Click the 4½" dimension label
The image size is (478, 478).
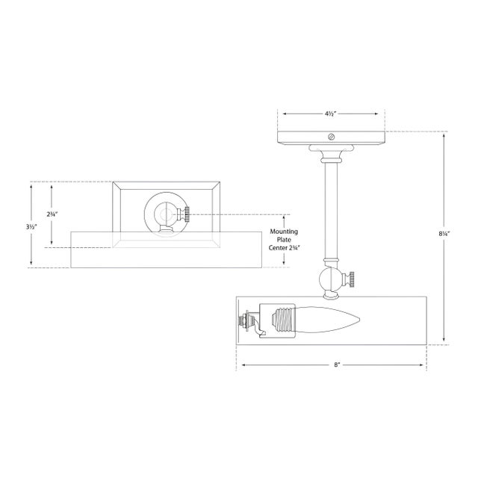[330, 114]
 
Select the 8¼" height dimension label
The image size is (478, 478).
[444, 234]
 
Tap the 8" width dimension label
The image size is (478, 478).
[337, 364]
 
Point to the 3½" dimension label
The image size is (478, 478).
[31, 227]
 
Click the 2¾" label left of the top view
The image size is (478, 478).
[52, 214]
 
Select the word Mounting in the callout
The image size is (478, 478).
[284, 232]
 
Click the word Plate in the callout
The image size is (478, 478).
[284, 240]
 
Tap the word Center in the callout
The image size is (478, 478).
[278, 248]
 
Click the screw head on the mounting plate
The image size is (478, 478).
[332, 137]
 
